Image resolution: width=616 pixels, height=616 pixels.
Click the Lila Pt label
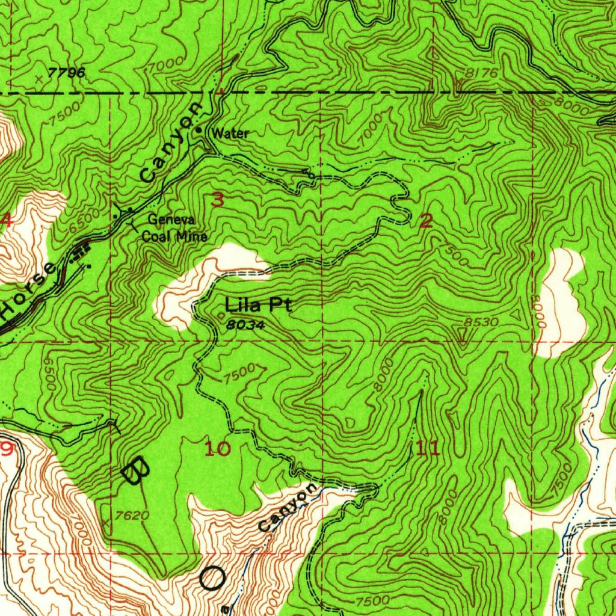258,305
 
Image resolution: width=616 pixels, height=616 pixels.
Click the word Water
230,133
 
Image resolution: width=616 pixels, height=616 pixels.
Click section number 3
217,200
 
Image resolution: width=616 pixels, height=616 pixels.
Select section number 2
426,221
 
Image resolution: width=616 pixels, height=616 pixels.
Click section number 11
427,448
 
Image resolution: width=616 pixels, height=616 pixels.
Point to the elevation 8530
482,322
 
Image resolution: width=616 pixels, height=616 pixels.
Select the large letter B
136,469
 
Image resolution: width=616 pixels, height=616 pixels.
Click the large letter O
212,579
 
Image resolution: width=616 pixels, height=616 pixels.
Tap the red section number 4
6,220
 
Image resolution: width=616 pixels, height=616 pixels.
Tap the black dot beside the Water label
199,130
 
